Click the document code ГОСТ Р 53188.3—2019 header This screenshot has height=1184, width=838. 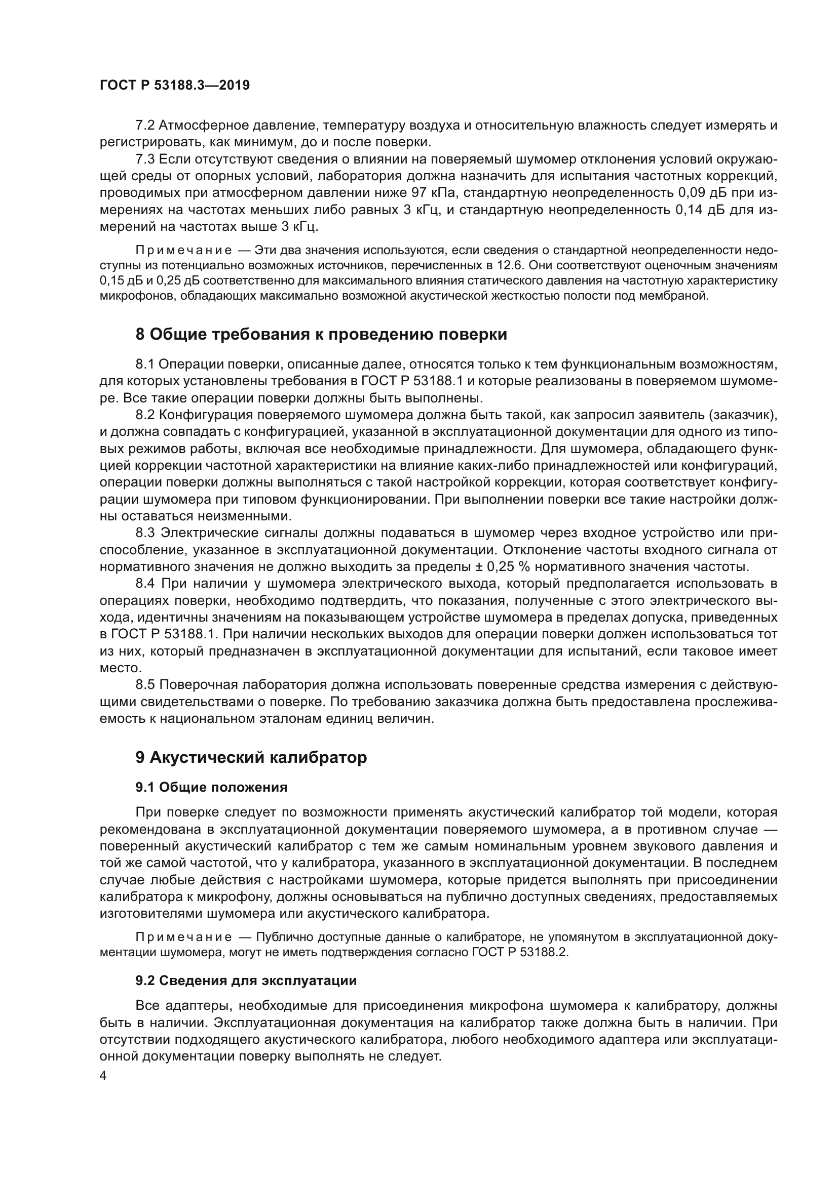(174, 86)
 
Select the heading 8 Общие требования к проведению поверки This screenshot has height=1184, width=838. (321, 335)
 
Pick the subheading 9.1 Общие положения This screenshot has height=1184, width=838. (212, 788)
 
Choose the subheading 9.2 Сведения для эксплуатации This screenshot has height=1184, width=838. (246, 981)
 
